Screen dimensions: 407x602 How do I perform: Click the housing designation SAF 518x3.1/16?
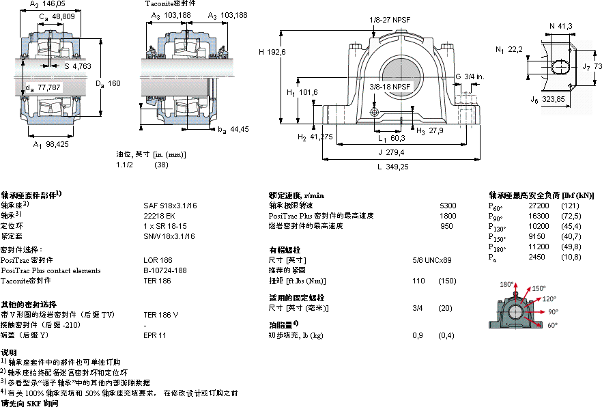[170, 205]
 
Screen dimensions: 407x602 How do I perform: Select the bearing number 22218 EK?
[158, 215]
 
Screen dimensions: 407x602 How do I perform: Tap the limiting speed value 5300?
[448, 205]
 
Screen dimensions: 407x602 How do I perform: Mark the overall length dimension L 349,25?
[393, 166]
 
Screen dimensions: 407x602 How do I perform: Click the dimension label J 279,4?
[392, 152]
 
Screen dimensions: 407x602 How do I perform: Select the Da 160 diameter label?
[108, 83]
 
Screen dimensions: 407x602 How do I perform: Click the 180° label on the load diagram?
[505, 285]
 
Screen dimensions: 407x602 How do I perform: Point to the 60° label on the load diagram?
[552, 325]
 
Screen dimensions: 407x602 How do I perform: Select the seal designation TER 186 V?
[161, 315]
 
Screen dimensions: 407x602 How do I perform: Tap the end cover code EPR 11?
[155, 335]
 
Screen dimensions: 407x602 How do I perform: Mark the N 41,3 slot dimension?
[560, 25]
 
